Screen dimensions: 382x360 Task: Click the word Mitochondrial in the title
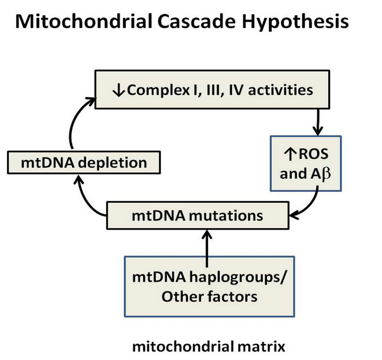pyautogui.click(x=84, y=21)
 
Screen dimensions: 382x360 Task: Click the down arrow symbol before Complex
pyautogui.click(x=119, y=90)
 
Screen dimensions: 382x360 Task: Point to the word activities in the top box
pyautogui.click(x=281, y=90)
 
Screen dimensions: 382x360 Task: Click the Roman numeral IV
pyautogui.click(x=236, y=90)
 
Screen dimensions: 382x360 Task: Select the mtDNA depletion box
pyautogui.click(x=84, y=162)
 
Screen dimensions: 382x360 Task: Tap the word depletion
pyautogui.click(x=112, y=163)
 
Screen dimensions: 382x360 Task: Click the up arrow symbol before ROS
pyautogui.click(x=290, y=154)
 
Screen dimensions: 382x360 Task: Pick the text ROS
pyautogui.click(x=314, y=154)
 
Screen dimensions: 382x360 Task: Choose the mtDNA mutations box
pyautogui.click(x=198, y=215)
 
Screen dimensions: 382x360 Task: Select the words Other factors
pyautogui.click(x=209, y=297)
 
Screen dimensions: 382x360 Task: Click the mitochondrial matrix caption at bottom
pyautogui.click(x=209, y=346)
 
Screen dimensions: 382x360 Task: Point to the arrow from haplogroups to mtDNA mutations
pyautogui.click(x=207, y=248)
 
